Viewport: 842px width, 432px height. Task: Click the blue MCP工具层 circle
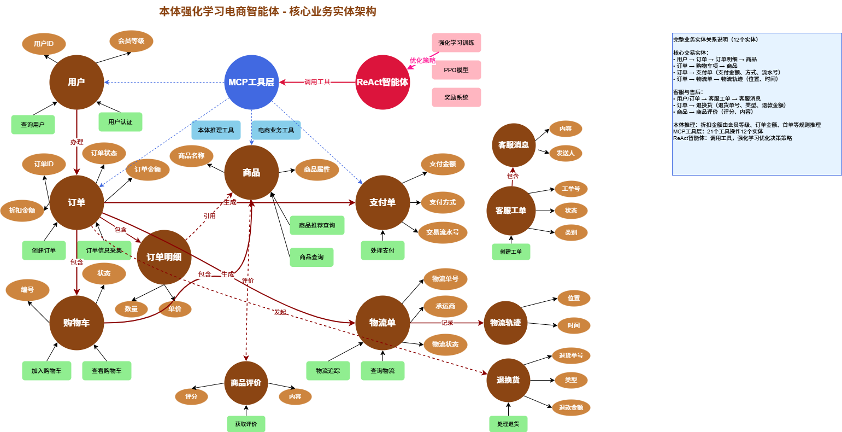pyautogui.click(x=251, y=82)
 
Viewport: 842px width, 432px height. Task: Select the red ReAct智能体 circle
pyautogui.click(x=382, y=82)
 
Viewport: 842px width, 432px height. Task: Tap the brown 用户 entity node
pyautogui.click(x=76, y=82)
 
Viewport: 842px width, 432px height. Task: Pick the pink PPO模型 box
pyautogui.click(x=456, y=70)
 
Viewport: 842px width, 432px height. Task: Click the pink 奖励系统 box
pyautogui.click(x=456, y=97)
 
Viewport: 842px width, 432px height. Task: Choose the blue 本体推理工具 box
pyautogui.click(x=216, y=130)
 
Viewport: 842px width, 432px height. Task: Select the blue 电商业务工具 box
pyautogui.click(x=276, y=130)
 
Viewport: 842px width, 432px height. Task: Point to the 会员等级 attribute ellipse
pyautogui.click(x=131, y=41)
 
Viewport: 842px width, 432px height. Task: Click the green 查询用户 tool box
pyautogui.click(x=33, y=125)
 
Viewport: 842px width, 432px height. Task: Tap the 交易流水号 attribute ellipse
pyautogui.click(x=443, y=232)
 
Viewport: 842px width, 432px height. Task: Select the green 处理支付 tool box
pyautogui.click(x=382, y=250)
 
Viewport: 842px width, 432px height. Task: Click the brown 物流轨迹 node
pyautogui.click(x=505, y=323)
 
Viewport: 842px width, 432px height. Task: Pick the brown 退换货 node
pyautogui.click(x=508, y=380)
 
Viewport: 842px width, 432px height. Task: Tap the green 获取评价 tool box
pyautogui.click(x=246, y=424)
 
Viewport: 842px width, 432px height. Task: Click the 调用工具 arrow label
pyautogui.click(x=317, y=82)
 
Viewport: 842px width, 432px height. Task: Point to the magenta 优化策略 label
pyautogui.click(x=423, y=61)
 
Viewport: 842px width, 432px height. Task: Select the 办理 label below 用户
pyautogui.click(x=76, y=142)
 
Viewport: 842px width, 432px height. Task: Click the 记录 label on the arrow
pyautogui.click(x=448, y=323)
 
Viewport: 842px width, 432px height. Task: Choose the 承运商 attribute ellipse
pyautogui.click(x=445, y=306)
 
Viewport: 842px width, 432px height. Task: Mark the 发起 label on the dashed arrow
pyautogui.click(x=280, y=312)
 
